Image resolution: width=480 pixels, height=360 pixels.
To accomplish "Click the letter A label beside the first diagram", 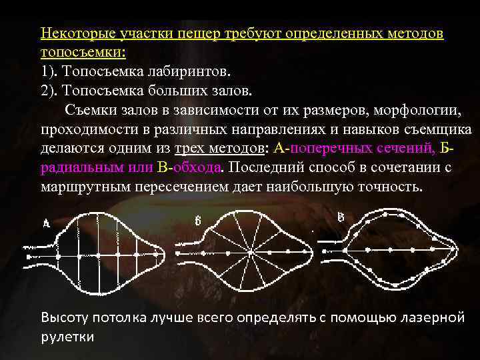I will point(46,225).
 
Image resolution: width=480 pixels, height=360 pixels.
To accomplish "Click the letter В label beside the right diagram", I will point(341,217).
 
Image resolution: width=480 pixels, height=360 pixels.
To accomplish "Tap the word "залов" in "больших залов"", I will point(229,89).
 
